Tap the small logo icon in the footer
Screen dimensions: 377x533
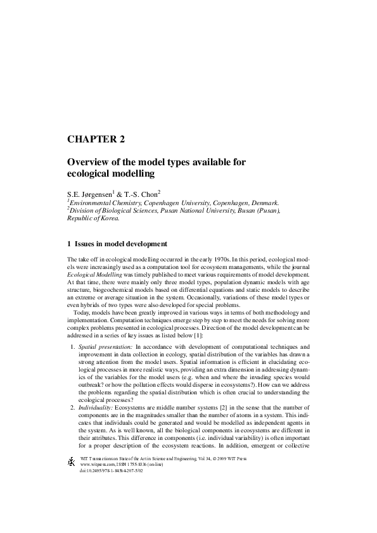tap(72, 463)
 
